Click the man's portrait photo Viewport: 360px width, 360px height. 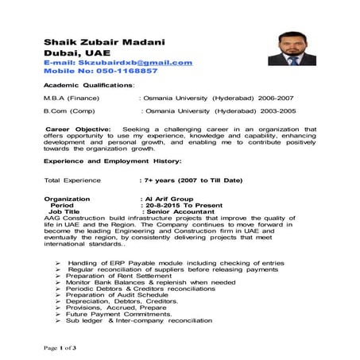point(292,48)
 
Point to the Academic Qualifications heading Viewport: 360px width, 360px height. point(88,83)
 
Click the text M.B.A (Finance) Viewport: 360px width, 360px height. point(72,98)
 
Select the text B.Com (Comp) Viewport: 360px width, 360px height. point(70,112)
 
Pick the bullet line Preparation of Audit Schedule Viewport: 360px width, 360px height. point(117,294)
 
